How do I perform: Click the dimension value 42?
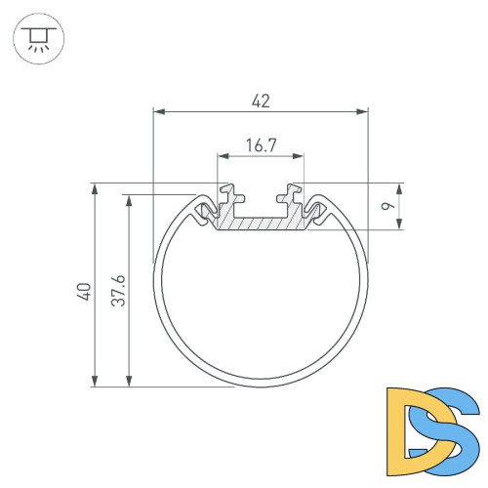point(261,100)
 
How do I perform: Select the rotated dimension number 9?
point(386,207)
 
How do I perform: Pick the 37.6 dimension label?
point(118,291)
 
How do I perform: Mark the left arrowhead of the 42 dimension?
point(159,113)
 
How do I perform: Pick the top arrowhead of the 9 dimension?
point(400,188)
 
